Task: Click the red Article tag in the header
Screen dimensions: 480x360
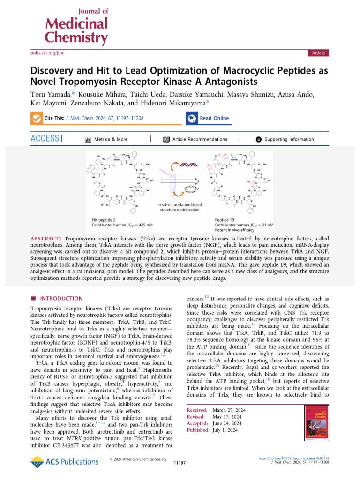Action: click(318, 53)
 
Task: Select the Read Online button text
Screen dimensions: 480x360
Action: click(214, 118)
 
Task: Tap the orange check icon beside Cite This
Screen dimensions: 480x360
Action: click(36, 119)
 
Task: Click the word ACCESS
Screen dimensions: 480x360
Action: click(45, 139)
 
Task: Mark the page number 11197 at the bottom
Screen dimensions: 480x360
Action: click(180, 463)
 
